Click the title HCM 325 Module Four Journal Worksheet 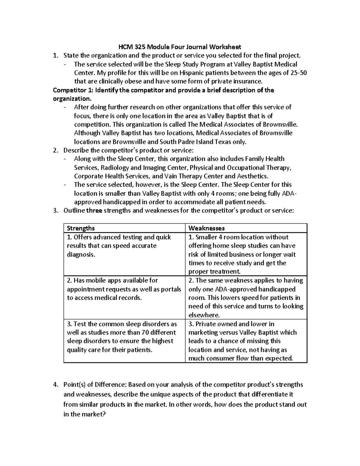(180, 47)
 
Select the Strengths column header (81, 228)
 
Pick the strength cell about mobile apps (124, 289)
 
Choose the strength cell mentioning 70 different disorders (124, 337)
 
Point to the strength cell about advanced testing (124, 246)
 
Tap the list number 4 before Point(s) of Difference (55, 385)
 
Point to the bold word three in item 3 (94, 211)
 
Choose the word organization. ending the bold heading (71, 99)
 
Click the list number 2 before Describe (55, 150)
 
